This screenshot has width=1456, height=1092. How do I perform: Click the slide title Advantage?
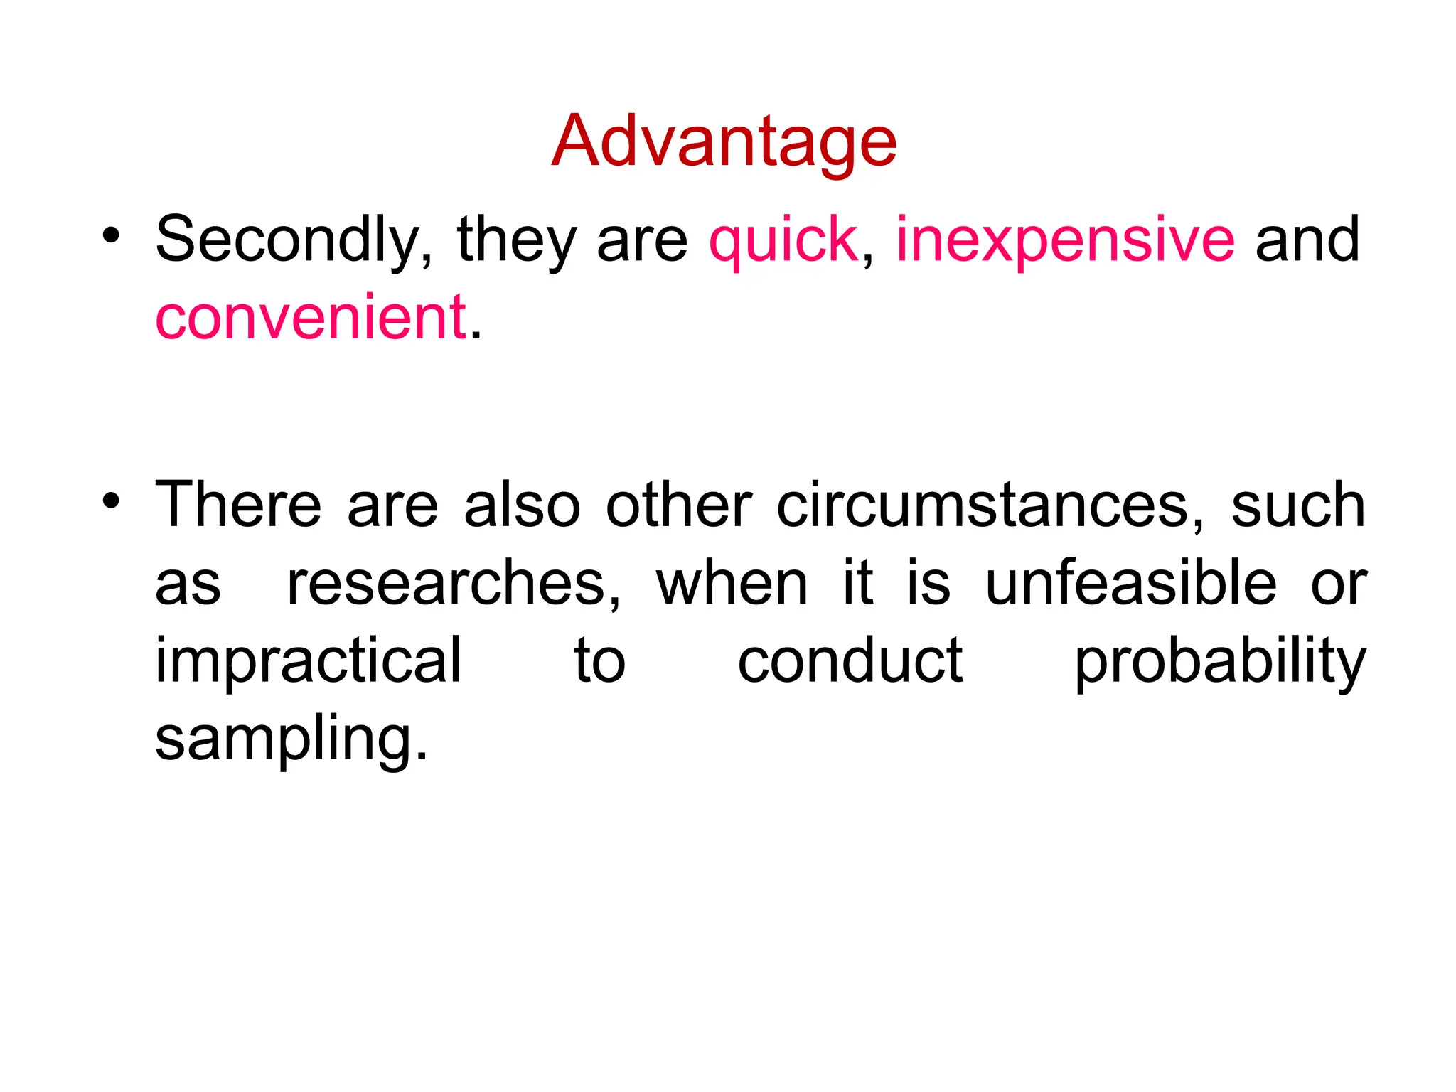coord(724,142)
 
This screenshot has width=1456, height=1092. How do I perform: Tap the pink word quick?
coord(783,240)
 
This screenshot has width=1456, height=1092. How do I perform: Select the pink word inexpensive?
coord(1065,240)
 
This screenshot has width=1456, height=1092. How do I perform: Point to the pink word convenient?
coord(311,317)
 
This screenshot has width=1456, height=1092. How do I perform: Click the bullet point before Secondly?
coord(110,235)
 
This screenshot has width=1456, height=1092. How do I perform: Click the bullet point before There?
coord(110,500)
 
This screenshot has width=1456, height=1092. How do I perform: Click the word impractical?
coord(309,662)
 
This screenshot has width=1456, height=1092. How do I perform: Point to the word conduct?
coord(850,662)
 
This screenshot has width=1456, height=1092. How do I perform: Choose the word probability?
coord(1220,662)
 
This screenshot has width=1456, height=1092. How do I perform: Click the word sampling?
coord(291,739)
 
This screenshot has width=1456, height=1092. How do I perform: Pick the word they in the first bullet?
coord(516,240)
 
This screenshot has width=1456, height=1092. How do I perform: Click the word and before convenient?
coord(1307,240)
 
